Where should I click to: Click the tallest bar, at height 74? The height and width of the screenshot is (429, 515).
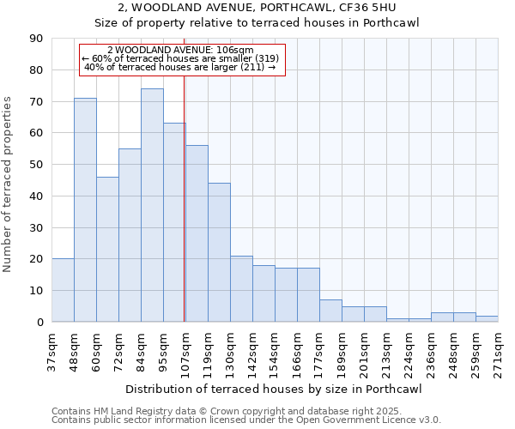pos(152,206)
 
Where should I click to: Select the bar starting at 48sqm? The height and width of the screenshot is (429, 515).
pos(85,210)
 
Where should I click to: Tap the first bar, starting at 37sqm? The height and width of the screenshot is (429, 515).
pos(63,290)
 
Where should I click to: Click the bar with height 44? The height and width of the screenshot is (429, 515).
pos(219,252)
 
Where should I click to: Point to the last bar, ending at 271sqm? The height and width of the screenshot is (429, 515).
pos(487,319)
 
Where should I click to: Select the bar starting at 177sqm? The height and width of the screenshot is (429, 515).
pos(330,311)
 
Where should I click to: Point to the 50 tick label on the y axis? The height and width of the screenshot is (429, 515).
pos(35,165)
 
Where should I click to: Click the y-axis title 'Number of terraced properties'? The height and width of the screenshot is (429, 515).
pos(9,184)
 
